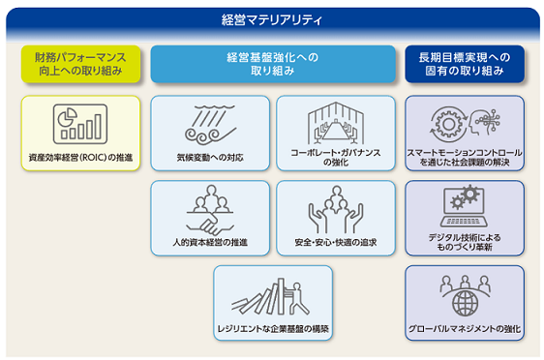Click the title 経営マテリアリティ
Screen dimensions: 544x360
click(x=272, y=19)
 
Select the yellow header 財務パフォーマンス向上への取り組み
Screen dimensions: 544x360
click(x=81, y=64)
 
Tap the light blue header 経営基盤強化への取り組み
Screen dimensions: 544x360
click(x=273, y=64)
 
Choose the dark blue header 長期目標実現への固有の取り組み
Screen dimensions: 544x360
click(x=465, y=64)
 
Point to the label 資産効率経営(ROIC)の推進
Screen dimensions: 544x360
click(x=81, y=158)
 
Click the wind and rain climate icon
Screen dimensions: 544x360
click(x=210, y=125)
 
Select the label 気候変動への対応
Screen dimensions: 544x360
click(x=210, y=158)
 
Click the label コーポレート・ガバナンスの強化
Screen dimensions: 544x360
click(x=336, y=157)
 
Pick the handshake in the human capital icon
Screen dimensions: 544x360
click(x=210, y=225)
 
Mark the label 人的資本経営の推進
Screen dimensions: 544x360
click(x=210, y=242)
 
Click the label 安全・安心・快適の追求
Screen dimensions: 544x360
click(x=336, y=242)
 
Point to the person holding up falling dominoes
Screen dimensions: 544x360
click(x=298, y=298)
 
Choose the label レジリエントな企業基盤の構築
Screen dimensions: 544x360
click(x=273, y=328)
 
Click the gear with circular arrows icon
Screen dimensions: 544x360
click(x=448, y=124)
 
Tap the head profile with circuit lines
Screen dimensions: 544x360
click(x=484, y=123)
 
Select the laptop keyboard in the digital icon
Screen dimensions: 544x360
click(x=464, y=222)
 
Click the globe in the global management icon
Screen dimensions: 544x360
click(x=465, y=303)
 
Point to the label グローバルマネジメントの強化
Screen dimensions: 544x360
click(x=465, y=328)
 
